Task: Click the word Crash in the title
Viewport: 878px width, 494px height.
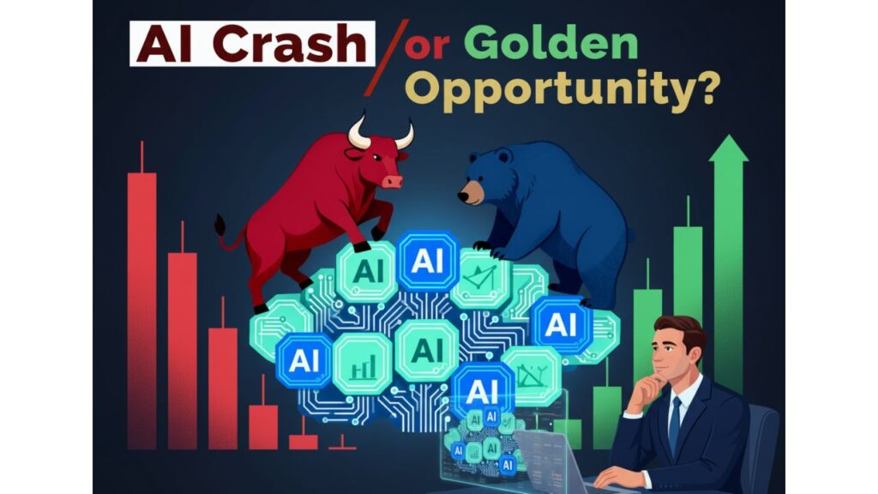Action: point(290,44)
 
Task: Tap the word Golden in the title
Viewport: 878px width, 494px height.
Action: point(551,44)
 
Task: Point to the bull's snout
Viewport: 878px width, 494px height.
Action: point(392,181)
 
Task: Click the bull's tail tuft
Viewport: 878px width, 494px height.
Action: point(220,226)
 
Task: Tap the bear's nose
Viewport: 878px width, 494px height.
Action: point(462,196)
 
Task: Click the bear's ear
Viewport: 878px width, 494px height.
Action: point(502,155)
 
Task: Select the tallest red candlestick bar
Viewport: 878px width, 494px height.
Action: point(141,310)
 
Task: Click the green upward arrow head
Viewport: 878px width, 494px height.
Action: point(729,148)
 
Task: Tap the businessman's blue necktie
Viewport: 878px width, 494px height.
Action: point(675,424)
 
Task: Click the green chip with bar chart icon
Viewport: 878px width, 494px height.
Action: point(363,363)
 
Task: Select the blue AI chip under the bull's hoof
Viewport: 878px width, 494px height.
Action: point(427,261)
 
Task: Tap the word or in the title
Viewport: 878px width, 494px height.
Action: point(427,47)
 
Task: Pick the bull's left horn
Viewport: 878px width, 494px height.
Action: point(358,133)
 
